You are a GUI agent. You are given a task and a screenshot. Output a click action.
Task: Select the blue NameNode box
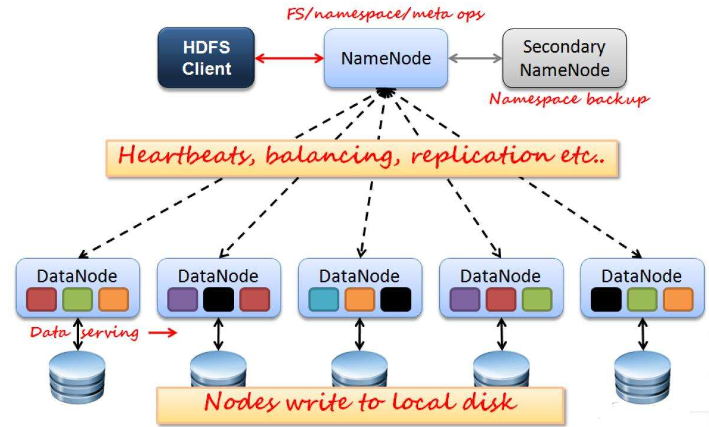tap(385, 58)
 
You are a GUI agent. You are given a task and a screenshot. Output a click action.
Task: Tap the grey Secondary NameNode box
tap(564, 58)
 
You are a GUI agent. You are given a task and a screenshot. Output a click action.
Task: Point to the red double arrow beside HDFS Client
tap(289, 58)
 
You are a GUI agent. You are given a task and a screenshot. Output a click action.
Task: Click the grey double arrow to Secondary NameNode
tap(475, 58)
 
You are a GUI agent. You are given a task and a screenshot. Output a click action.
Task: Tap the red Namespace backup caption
tap(568, 99)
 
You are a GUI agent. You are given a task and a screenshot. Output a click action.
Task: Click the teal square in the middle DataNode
tap(324, 299)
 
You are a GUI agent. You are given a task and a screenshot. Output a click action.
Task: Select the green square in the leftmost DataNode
tap(78, 299)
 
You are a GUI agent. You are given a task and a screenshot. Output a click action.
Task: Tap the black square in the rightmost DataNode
tap(606, 299)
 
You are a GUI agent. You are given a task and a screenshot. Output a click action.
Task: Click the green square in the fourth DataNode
tap(537, 299)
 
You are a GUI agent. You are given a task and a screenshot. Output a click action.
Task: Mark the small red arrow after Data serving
tap(163, 332)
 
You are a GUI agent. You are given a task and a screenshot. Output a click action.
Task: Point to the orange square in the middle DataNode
tap(360, 299)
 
